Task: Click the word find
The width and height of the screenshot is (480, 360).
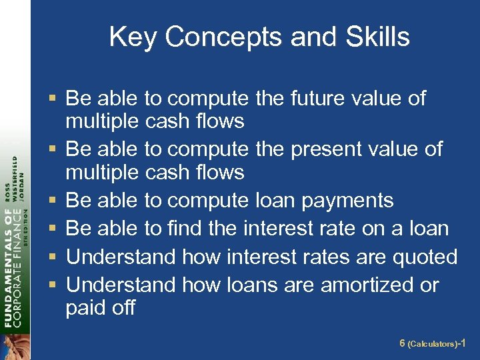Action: coord(185,229)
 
